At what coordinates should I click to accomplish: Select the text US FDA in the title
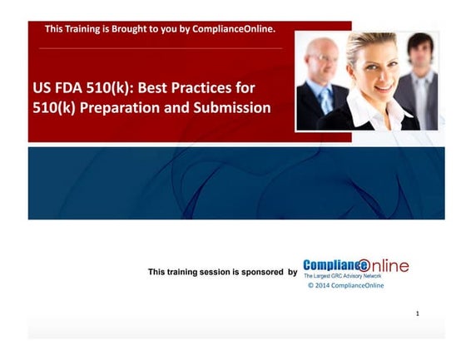(x=58, y=86)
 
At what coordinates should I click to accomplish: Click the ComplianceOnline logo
(x=355, y=266)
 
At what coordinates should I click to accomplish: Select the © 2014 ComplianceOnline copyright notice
(x=345, y=285)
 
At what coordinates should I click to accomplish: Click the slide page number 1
(x=417, y=313)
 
